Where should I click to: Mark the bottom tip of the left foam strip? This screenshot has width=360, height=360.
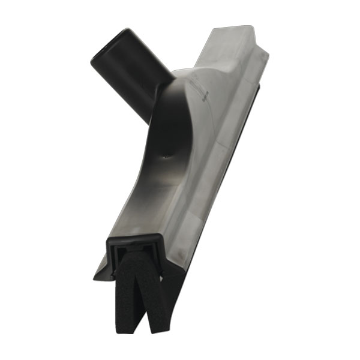click(x=138, y=327)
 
